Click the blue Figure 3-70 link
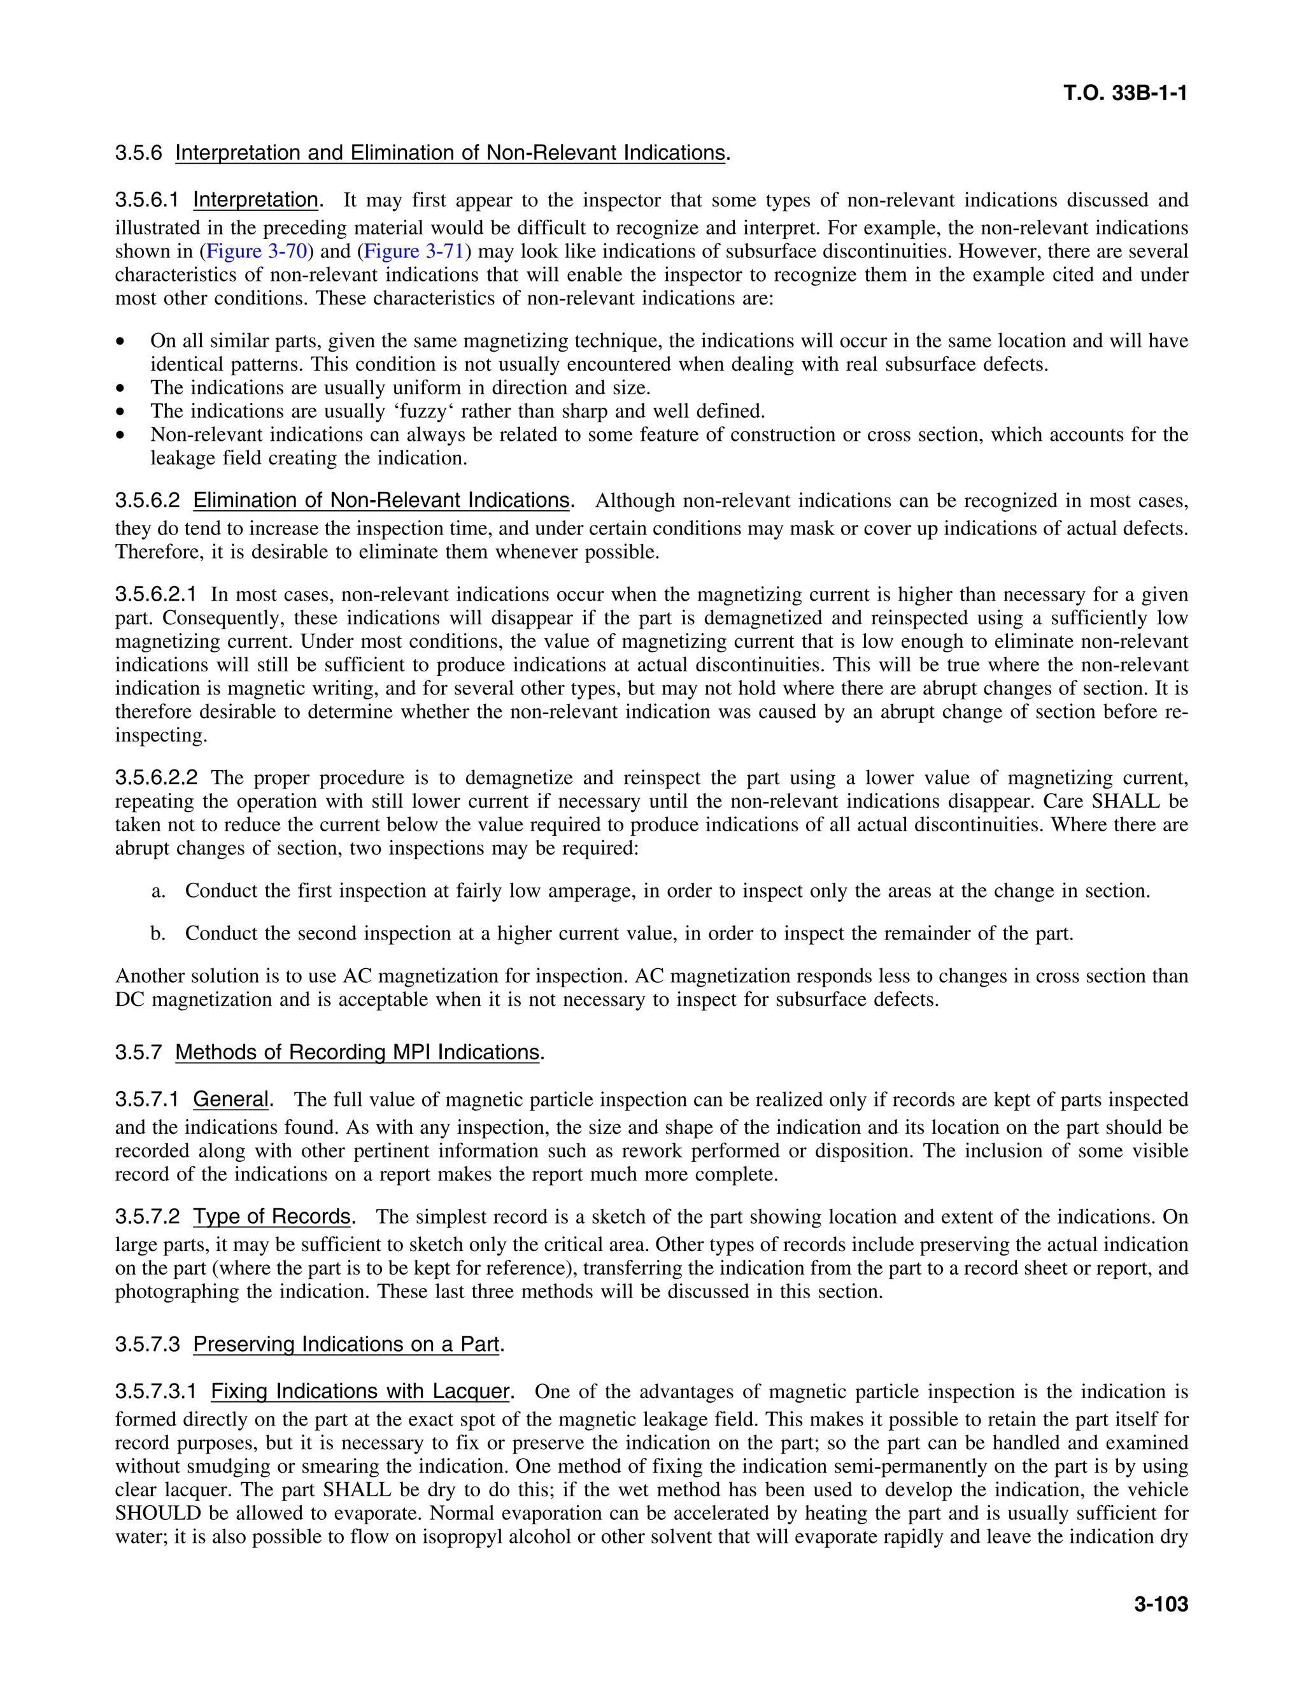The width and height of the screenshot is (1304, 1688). (x=257, y=252)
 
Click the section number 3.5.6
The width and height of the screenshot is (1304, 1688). (x=139, y=153)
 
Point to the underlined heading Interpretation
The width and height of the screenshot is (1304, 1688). (x=255, y=200)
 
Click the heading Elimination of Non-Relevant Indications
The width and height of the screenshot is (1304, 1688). (x=381, y=501)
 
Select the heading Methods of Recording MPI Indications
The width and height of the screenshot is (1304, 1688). (x=357, y=1053)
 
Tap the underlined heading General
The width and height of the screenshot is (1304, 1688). (x=230, y=1100)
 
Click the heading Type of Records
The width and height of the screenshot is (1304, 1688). (x=272, y=1217)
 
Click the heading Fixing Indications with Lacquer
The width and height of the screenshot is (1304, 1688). (x=360, y=1392)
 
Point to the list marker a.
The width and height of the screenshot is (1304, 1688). (x=159, y=891)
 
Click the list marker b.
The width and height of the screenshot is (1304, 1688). (x=159, y=934)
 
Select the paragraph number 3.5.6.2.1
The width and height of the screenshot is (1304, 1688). (x=156, y=595)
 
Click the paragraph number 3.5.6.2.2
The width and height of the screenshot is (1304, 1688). (x=156, y=778)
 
